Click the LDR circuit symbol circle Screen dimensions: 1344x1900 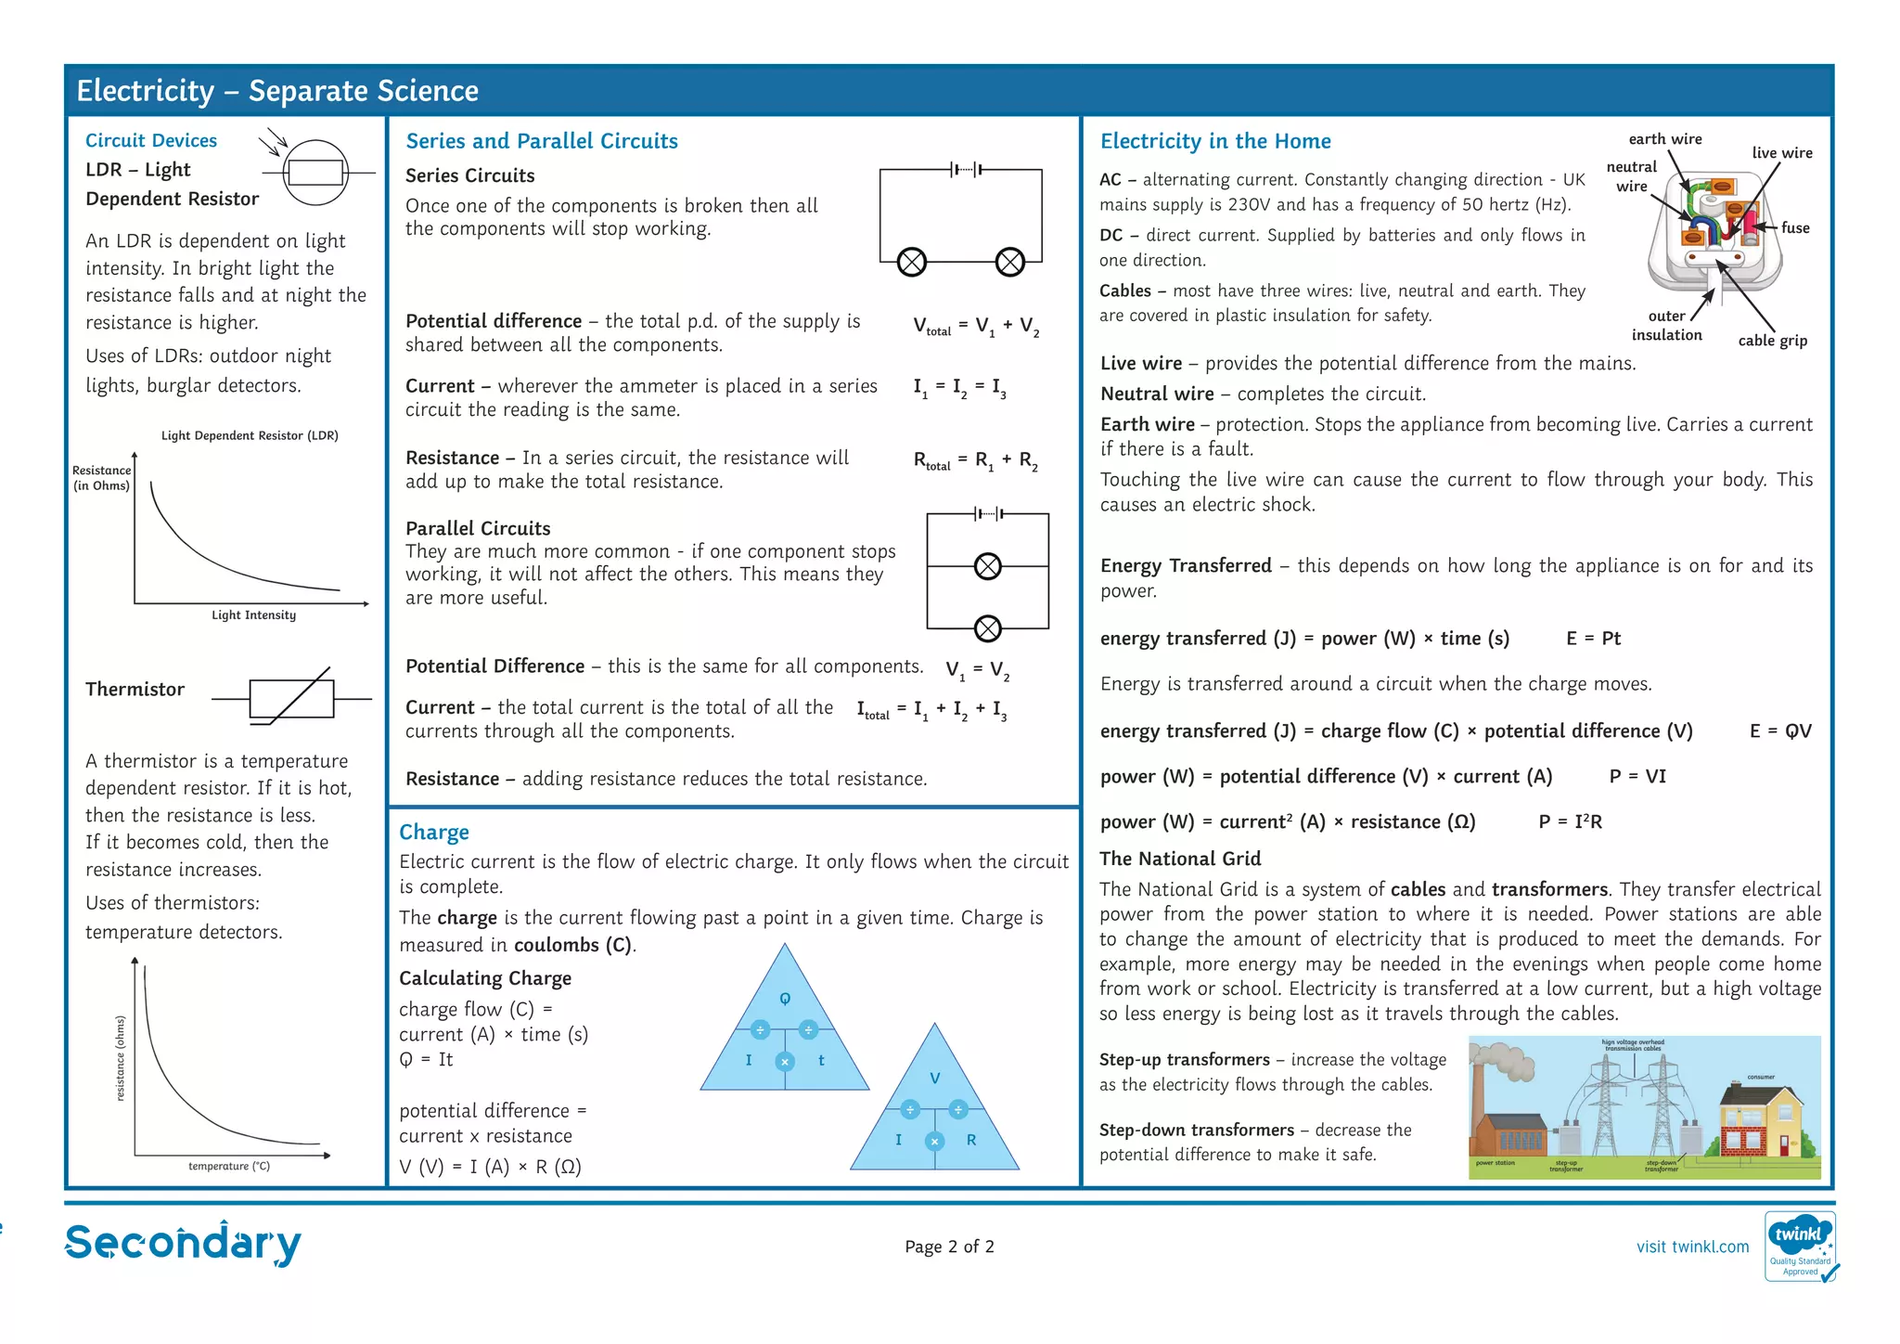(315, 173)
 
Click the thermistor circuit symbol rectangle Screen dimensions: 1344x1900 (291, 698)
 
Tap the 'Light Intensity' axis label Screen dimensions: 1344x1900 (253, 615)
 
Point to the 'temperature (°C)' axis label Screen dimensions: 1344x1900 (229, 1166)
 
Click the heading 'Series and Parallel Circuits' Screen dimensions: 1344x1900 (542, 141)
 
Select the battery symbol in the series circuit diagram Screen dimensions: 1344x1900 (966, 170)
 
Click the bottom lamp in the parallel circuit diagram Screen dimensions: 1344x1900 (988, 628)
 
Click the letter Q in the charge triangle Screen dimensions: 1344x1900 (785, 999)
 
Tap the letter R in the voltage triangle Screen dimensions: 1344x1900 (971, 1140)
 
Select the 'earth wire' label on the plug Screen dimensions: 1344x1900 (1665, 139)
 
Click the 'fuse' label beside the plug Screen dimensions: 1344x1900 (1795, 228)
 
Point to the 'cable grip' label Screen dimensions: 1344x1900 (1772, 341)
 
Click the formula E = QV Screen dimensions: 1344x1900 (1780, 731)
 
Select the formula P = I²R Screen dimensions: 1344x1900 (1570, 821)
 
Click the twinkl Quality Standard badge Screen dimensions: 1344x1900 (1800, 1247)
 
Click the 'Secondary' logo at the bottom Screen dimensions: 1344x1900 (183, 1244)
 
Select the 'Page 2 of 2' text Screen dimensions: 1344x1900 (949, 1247)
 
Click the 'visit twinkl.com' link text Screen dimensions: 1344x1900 (1692, 1247)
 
